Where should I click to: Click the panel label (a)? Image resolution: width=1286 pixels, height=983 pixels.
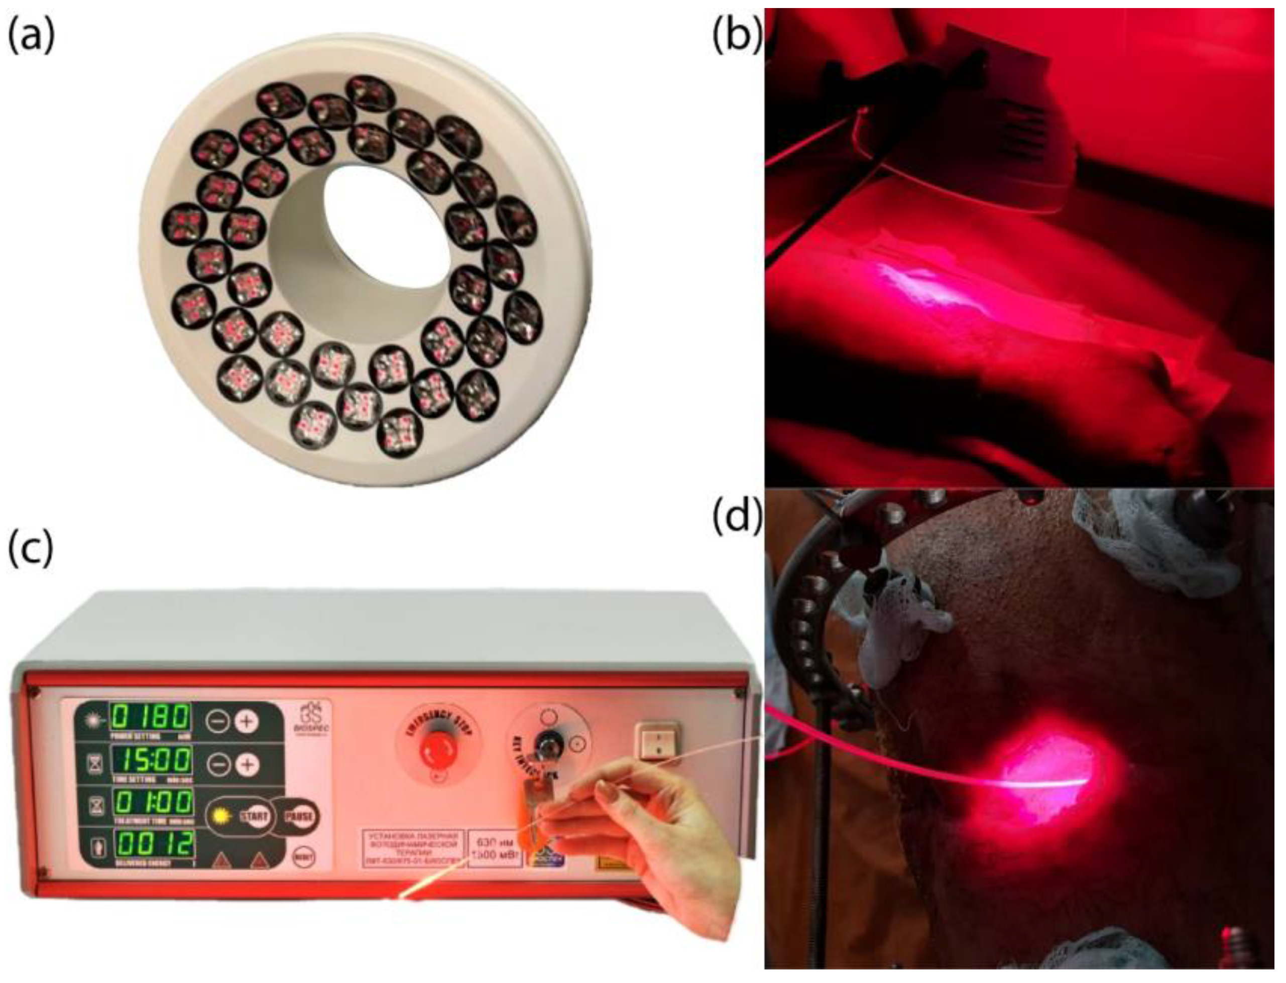[31, 35]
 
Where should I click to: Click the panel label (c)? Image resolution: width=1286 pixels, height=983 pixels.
[31, 550]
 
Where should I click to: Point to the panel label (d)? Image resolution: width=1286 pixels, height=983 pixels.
[736, 515]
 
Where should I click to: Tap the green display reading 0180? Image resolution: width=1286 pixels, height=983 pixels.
[152, 717]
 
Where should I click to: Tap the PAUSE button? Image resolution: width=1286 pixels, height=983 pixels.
[298, 816]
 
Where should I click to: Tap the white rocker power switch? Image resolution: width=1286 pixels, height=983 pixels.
[659, 742]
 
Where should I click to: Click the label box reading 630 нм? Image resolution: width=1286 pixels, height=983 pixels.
[495, 849]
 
